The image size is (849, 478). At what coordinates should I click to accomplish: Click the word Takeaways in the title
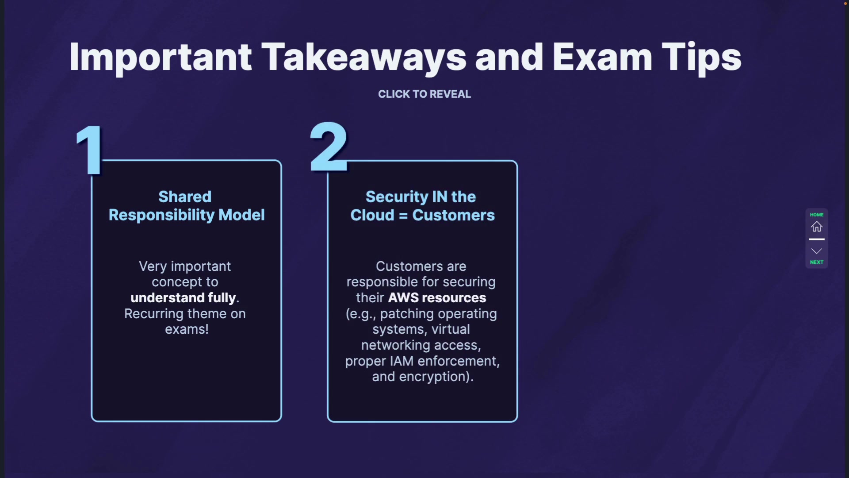pyautogui.click(x=363, y=58)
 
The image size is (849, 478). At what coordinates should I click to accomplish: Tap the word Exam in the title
pyautogui.click(x=602, y=58)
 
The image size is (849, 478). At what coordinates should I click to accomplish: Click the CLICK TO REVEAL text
pyautogui.click(x=424, y=94)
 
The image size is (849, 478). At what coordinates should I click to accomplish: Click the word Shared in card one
pyautogui.click(x=185, y=197)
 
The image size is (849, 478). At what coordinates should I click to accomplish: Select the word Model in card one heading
pyautogui.click(x=241, y=215)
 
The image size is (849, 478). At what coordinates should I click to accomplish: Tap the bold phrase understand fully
pyautogui.click(x=183, y=298)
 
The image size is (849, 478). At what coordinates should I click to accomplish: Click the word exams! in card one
pyautogui.click(x=187, y=329)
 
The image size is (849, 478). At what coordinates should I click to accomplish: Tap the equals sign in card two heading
pyautogui.click(x=403, y=216)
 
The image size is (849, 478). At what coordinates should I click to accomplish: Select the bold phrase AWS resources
pyautogui.click(x=437, y=298)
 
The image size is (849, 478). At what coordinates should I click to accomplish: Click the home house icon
pyautogui.click(x=816, y=227)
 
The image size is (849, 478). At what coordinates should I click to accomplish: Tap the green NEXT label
pyautogui.click(x=816, y=262)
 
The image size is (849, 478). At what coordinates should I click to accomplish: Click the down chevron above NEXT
pyautogui.click(x=816, y=251)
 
